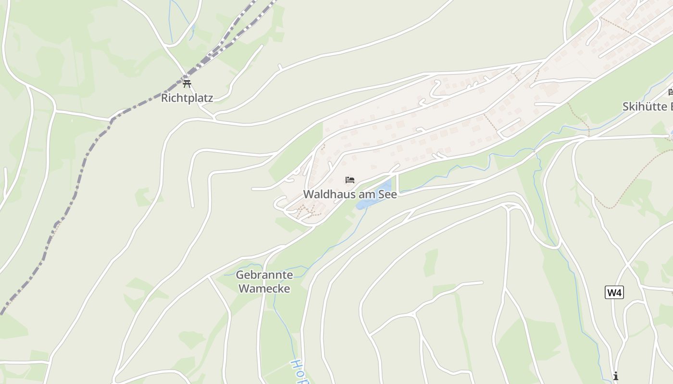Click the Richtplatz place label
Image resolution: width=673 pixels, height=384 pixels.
187,98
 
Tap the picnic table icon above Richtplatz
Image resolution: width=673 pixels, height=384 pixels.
187,84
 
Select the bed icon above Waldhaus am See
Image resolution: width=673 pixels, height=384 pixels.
350,180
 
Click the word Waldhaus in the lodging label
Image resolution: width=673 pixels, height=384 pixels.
325,194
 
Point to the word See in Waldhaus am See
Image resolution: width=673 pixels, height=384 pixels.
387,194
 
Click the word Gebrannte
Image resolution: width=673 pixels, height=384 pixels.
264,275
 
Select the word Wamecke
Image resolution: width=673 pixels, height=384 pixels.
264,288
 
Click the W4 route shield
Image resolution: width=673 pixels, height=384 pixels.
614,292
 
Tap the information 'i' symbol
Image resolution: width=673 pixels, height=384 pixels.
615,375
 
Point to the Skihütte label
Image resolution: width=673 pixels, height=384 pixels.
644,107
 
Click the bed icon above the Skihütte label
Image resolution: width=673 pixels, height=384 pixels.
671,92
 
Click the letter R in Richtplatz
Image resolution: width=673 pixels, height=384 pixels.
164,98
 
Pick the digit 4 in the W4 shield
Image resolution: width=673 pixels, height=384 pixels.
619,292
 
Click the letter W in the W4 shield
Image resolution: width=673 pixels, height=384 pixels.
611,292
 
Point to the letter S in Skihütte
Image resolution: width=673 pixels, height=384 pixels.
626,107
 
